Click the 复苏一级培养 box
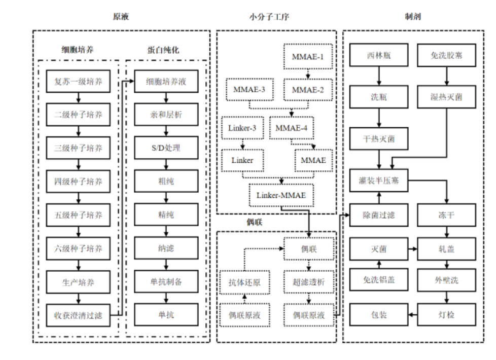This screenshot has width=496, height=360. click(78, 81)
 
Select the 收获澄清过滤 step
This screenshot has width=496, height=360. click(78, 315)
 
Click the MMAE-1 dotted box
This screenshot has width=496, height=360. click(307, 56)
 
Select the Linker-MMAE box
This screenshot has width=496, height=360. click(280, 195)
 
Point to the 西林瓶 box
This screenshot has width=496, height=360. click(379, 54)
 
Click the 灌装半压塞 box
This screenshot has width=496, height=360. click(379, 181)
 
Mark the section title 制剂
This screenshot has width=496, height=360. click(413, 17)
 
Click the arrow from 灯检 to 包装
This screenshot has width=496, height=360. click(413, 315)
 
